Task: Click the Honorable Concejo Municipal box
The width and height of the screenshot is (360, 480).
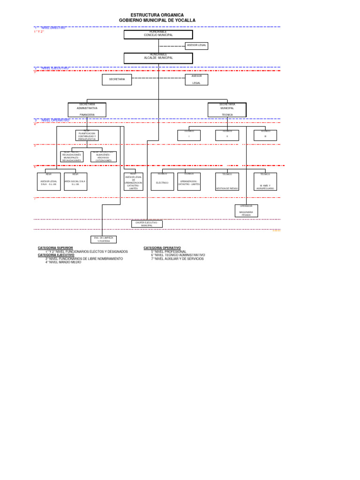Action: [158, 34]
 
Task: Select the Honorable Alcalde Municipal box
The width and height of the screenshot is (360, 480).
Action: [158, 58]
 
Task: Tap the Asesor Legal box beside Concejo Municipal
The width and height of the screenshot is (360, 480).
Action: [195, 46]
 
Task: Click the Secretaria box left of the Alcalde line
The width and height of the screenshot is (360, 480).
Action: [117, 80]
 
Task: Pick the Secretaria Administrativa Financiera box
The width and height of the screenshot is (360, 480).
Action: [87, 110]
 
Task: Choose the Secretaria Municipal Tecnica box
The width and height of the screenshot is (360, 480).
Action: [227, 110]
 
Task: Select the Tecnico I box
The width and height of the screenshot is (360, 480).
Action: [189, 135]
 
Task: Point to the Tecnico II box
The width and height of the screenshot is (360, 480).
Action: [227, 135]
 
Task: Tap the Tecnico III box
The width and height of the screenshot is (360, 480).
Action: [265, 135]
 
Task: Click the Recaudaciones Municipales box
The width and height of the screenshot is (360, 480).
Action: [72, 157]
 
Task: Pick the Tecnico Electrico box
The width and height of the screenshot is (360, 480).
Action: [162, 181]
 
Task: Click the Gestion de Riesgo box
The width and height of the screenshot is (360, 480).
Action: [227, 181]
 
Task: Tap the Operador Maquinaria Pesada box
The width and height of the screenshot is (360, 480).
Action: [246, 211]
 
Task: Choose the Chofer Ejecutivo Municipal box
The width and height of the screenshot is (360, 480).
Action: [147, 224]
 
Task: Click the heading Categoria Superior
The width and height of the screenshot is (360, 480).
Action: [55, 247]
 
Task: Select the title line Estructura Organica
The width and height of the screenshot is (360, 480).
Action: [157, 15]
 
